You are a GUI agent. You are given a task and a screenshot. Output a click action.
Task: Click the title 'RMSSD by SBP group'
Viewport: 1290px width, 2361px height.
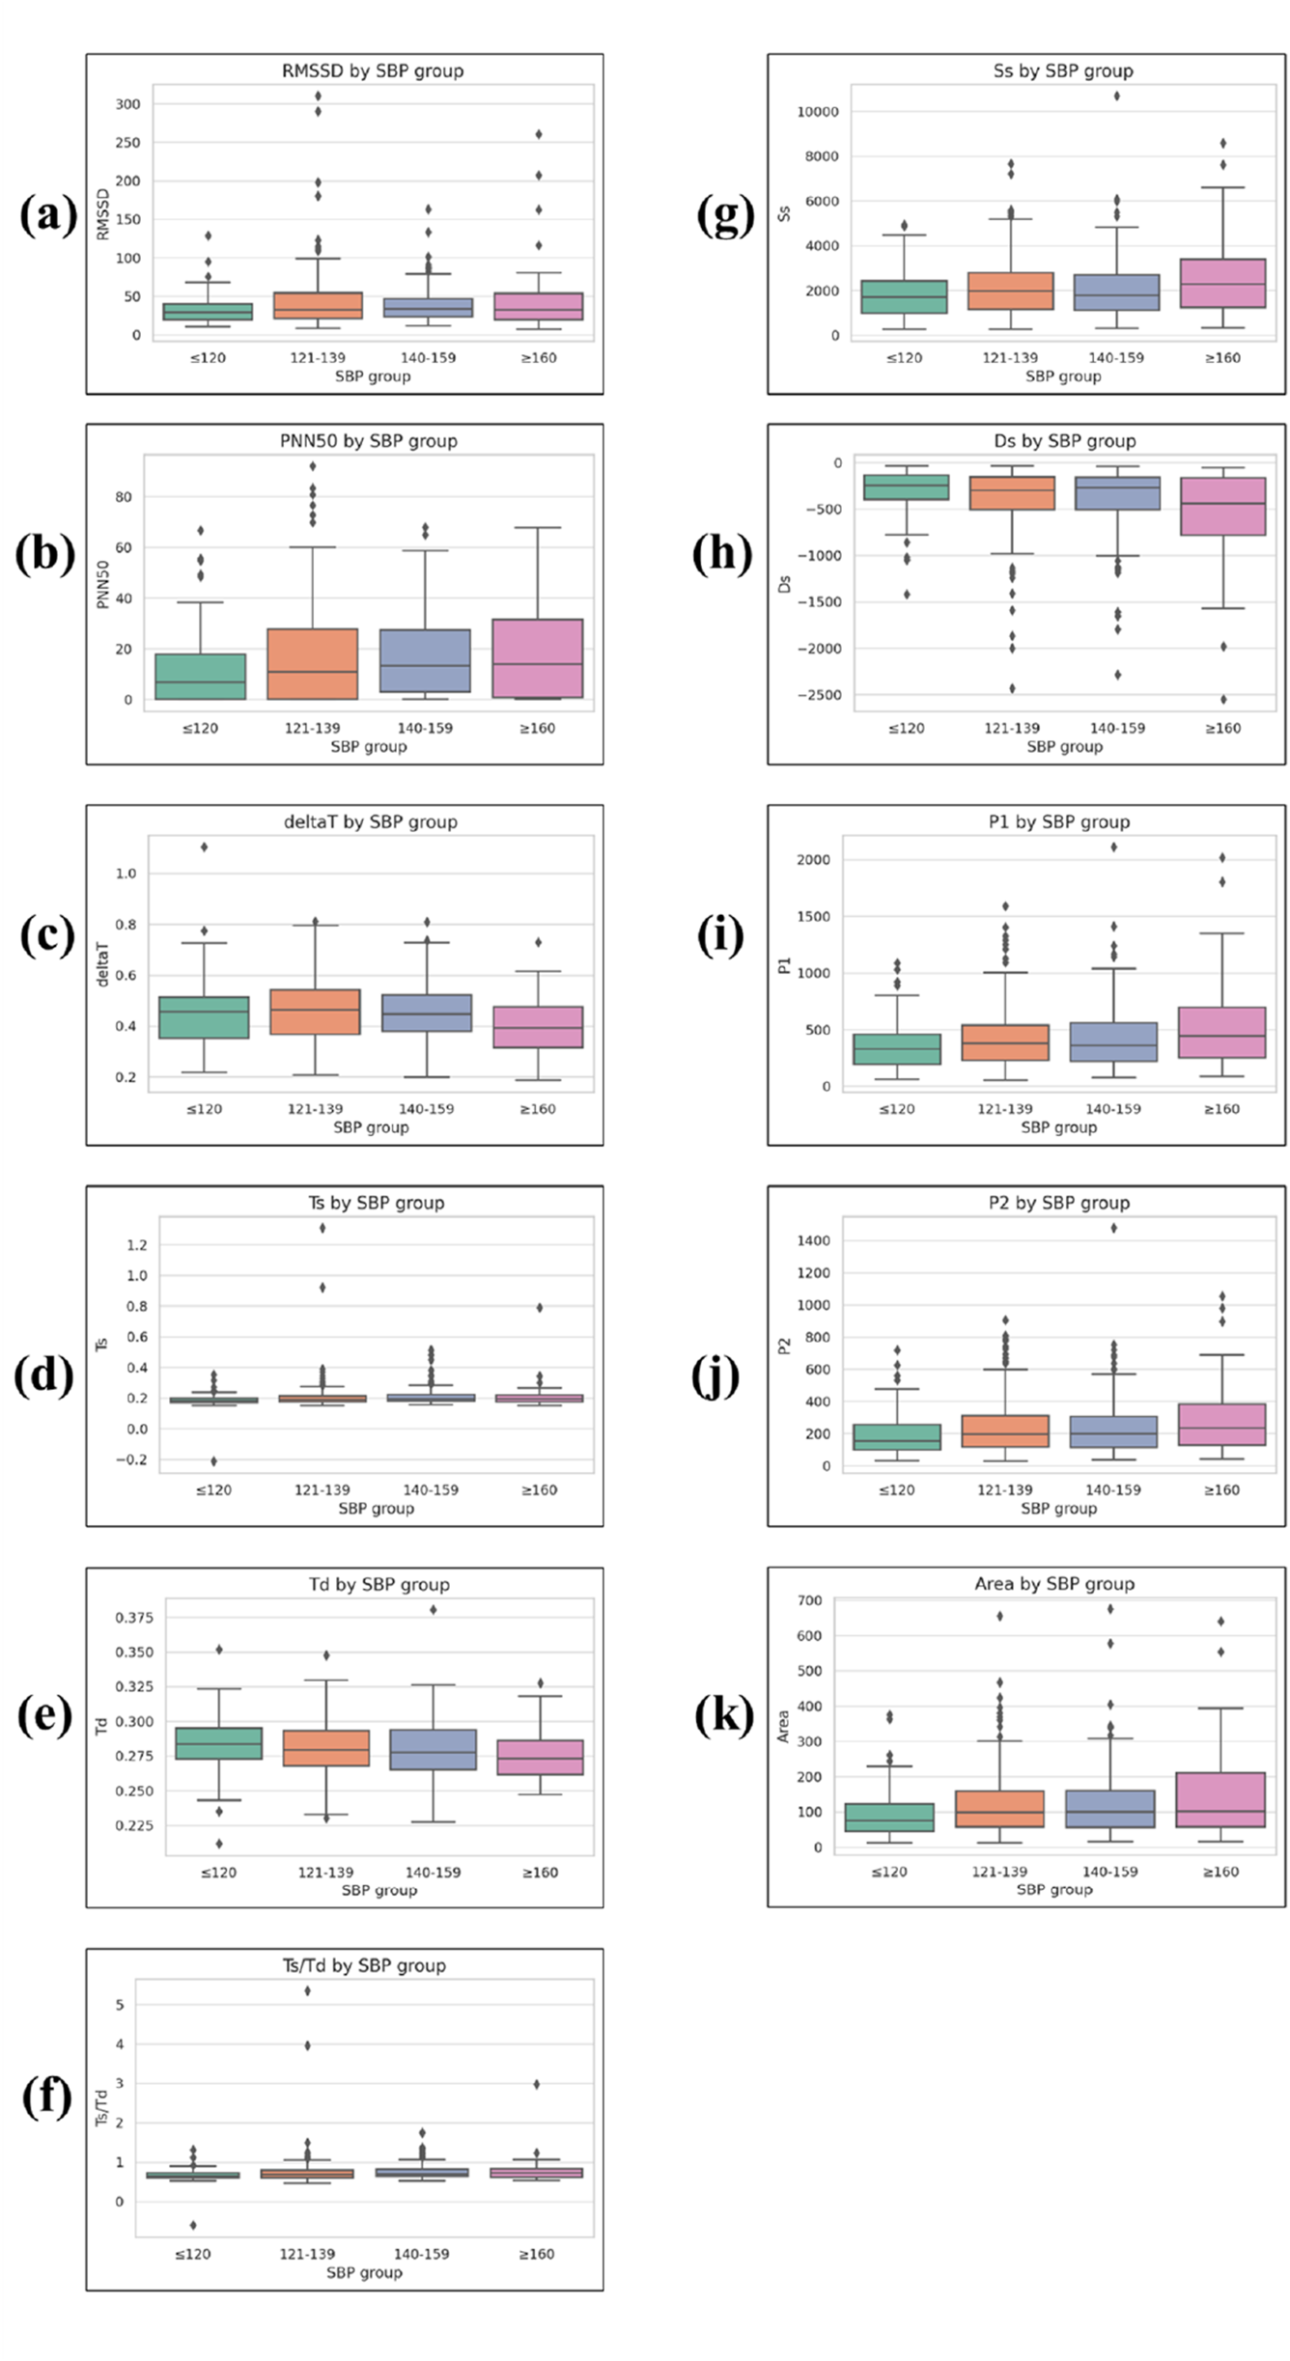372,70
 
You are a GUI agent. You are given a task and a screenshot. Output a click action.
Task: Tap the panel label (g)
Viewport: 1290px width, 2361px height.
724,214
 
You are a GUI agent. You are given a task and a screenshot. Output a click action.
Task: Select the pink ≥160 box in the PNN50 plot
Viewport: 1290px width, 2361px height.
537,658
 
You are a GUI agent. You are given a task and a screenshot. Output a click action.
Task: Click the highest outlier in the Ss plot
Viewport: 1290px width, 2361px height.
1116,96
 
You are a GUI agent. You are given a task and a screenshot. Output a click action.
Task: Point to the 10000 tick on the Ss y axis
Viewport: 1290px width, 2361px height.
817,112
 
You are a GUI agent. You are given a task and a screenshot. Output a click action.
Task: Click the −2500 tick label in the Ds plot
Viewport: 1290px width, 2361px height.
819,695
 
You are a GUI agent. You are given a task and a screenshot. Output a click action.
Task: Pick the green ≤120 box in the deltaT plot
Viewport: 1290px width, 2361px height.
204,1017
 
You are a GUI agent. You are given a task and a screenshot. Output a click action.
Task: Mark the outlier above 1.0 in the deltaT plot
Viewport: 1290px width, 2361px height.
204,847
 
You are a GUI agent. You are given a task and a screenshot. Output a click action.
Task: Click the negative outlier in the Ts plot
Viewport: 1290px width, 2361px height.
213,1461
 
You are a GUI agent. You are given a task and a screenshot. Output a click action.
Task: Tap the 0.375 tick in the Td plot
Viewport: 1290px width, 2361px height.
134,1618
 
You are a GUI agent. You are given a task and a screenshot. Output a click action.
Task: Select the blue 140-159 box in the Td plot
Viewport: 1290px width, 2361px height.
433,1749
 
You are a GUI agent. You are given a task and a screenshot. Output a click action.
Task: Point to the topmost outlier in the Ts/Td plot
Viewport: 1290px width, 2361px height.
307,1990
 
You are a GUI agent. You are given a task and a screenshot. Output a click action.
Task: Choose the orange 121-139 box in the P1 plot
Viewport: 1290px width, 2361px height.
1005,1042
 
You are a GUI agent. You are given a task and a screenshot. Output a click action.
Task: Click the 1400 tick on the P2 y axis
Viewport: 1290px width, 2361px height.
813,1240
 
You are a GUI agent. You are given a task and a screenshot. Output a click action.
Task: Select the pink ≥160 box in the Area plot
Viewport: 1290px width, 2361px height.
1220,1799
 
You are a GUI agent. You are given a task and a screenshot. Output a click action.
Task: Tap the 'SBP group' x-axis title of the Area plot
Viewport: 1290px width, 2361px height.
1054,1889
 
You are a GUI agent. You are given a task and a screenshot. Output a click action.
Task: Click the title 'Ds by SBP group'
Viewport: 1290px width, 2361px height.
1064,441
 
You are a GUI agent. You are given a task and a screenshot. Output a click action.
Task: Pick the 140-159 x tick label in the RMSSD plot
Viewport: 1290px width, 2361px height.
428,358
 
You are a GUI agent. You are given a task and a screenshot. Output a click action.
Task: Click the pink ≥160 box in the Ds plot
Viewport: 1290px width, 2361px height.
1222,506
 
